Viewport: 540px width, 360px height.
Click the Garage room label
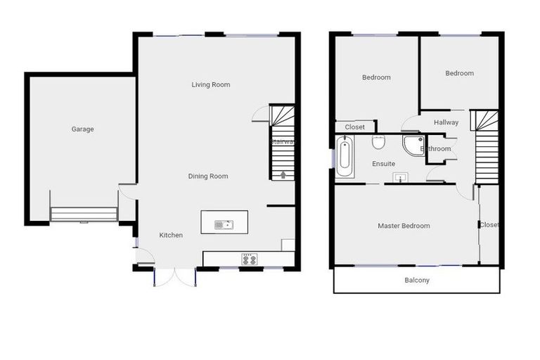[82, 129]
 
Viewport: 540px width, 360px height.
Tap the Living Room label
[211, 84]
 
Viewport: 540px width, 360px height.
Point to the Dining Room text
[208, 176]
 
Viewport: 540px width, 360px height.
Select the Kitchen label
[171, 235]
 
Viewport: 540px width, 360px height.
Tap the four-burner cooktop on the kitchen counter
[249, 259]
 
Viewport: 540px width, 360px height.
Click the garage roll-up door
[84, 214]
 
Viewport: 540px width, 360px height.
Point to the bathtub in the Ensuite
[345, 157]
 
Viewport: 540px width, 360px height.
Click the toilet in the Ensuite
[378, 143]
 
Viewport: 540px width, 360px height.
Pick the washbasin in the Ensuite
[401, 178]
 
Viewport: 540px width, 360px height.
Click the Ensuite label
[384, 164]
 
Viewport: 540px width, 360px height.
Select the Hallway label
[446, 122]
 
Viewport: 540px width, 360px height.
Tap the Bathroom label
[436, 149]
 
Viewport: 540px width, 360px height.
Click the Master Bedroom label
[404, 226]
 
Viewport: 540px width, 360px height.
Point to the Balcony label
[417, 280]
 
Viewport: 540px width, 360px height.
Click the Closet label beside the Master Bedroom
[489, 225]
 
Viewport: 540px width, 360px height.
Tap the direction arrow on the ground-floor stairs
[283, 175]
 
